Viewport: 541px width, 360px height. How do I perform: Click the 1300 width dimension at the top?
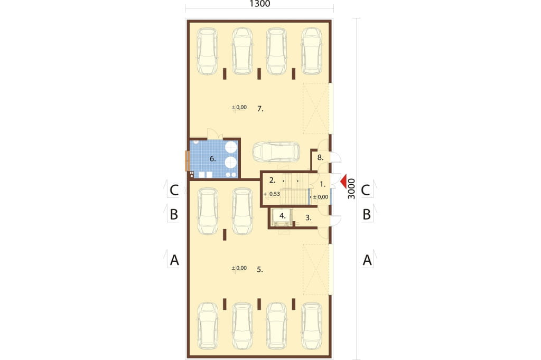[x=260, y=4]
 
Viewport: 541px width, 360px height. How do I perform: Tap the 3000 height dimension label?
[x=351, y=188]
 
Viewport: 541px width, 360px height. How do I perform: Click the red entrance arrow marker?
[x=343, y=182]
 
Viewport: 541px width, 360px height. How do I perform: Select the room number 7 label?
[x=260, y=109]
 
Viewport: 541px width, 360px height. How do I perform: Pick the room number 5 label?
[x=260, y=270]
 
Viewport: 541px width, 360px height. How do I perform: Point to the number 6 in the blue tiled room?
[x=212, y=159]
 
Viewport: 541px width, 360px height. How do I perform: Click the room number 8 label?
[x=320, y=158]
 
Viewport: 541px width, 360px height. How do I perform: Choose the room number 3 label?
[x=309, y=218]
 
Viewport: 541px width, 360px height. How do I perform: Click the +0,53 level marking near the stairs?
[x=272, y=194]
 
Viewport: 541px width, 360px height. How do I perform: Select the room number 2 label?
[x=272, y=180]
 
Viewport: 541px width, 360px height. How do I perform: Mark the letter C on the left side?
[x=174, y=190]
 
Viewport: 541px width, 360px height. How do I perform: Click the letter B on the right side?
[x=367, y=214]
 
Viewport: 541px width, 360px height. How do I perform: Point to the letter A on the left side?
[x=174, y=260]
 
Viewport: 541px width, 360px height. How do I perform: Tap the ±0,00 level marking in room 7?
[x=239, y=108]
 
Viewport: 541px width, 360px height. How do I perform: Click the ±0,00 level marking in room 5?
[x=239, y=268]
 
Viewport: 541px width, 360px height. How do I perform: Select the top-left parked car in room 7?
[x=207, y=51]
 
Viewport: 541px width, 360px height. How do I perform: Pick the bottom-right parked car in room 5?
[x=312, y=326]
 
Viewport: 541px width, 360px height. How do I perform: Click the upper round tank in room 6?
[x=231, y=147]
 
